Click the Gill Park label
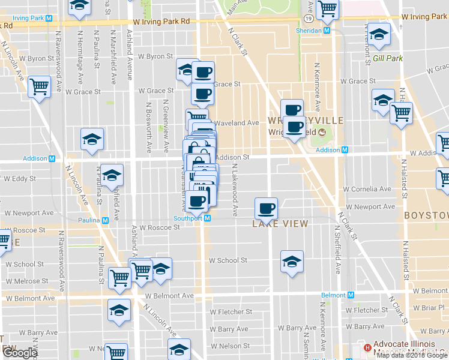point(387,58)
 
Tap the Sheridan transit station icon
point(327,30)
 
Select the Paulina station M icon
point(106,220)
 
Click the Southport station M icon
point(207,218)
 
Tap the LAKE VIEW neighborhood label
point(280,224)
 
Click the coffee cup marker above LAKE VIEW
point(266,209)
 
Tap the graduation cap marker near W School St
point(292,262)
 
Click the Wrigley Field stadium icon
point(321,132)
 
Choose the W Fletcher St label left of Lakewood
point(229,312)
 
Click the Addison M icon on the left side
point(52,159)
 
